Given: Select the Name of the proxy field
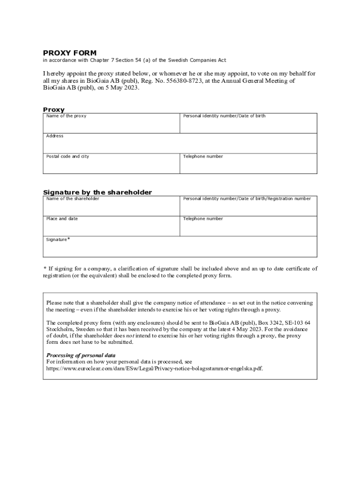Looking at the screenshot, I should pyautogui.click(x=111, y=123).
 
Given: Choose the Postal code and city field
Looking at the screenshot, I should pyautogui.click(x=111, y=163).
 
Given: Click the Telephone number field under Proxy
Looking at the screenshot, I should pyautogui.click(x=248, y=163).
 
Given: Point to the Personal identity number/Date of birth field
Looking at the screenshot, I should pyautogui.click(x=248, y=123).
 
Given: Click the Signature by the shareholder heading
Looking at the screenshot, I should pyautogui.click(x=97, y=192).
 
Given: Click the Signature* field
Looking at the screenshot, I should pyautogui.click(x=180, y=247).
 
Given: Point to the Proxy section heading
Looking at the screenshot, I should pyautogui.click(x=54, y=110).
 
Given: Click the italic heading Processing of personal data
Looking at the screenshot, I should pyautogui.click(x=80, y=355).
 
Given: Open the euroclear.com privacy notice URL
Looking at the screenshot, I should pyautogui.click(x=154, y=368).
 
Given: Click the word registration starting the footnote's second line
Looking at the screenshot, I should pyautogui.click(x=58, y=276).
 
